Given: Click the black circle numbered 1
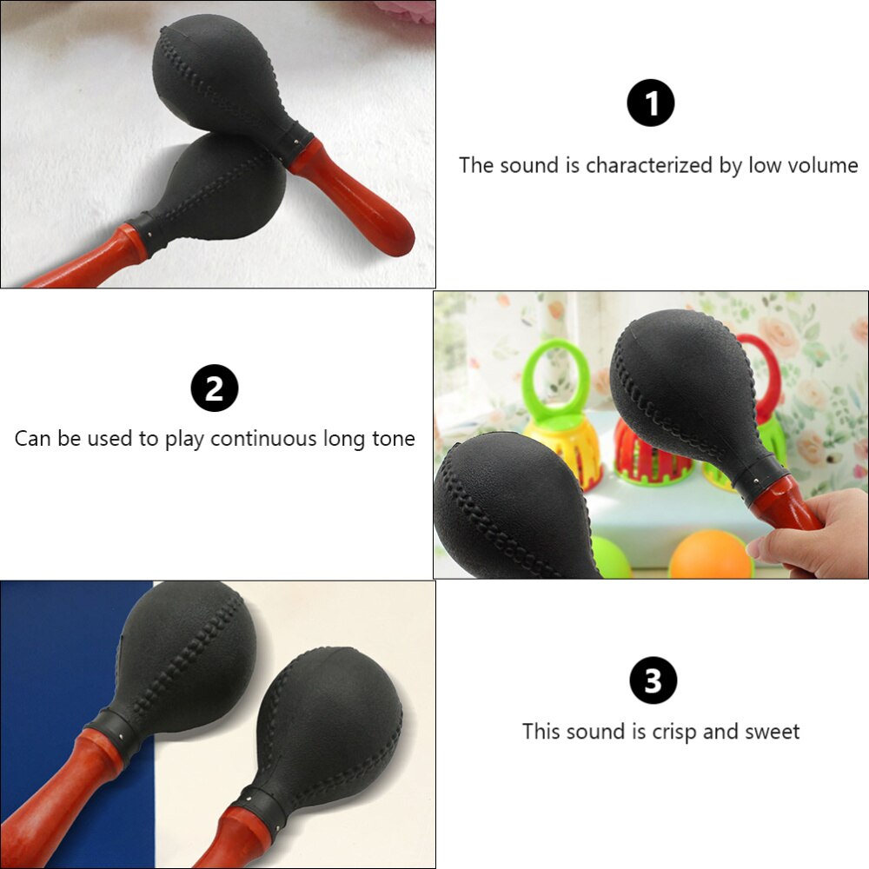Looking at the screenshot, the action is pyautogui.click(x=651, y=103).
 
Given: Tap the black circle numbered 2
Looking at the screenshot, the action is pyautogui.click(x=215, y=388).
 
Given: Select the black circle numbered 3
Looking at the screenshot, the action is pyautogui.click(x=653, y=680).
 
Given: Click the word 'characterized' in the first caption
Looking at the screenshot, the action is pyautogui.click(x=649, y=166).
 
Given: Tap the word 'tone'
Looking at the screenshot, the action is pyautogui.click(x=394, y=438).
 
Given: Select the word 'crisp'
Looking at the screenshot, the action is pyautogui.click(x=674, y=732).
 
